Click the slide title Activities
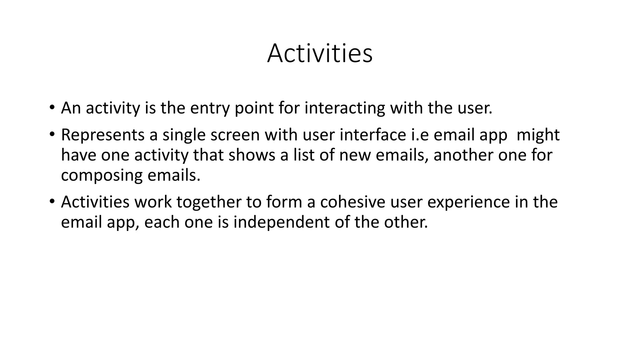(x=320, y=53)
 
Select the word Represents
(x=102, y=135)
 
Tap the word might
(x=538, y=135)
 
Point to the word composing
(x=102, y=176)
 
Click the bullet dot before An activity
(x=52, y=108)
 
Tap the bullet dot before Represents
(x=52, y=135)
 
